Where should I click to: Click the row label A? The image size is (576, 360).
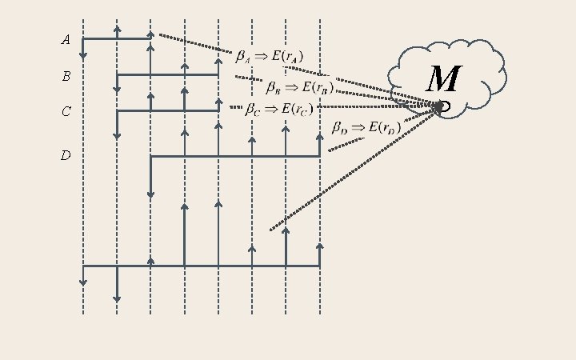tap(66, 39)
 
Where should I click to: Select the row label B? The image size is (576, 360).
tap(66, 77)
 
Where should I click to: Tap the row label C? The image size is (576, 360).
tap(66, 112)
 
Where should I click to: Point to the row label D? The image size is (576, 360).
tap(66, 155)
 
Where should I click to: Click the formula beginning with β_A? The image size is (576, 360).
tap(269, 57)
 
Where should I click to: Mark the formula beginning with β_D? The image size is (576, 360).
tap(366, 128)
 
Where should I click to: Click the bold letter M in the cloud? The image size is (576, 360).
tap(442, 80)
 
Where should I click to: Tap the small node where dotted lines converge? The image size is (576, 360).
tap(440, 106)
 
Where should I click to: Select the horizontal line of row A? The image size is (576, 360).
tap(116, 38)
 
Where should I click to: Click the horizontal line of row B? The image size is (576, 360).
tap(168, 74)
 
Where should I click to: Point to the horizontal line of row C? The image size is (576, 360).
tap(168, 110)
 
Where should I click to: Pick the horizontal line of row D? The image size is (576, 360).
tap(235, 156)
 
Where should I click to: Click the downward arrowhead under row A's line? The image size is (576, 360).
tap(83, 55)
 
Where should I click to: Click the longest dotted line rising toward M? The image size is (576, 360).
tap(352, 170)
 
